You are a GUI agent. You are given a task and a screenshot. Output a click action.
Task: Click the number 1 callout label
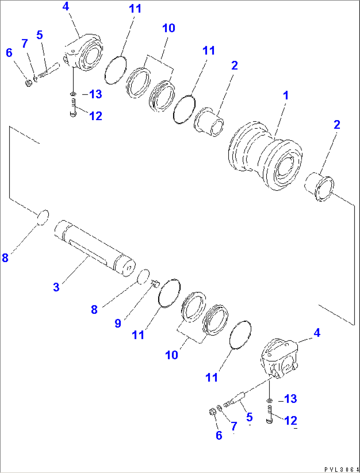coord(286,95)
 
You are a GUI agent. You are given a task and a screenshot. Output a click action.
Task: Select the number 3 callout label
coord(56,287)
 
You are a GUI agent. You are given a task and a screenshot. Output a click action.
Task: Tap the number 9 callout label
coord(118,323)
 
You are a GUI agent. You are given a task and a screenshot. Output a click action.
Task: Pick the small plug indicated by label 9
coord(156,283)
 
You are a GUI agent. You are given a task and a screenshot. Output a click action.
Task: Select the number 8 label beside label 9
coord(94,310)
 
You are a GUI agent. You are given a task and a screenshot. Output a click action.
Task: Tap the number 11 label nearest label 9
coord(138,335)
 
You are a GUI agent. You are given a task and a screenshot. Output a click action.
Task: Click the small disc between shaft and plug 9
coord(143,277)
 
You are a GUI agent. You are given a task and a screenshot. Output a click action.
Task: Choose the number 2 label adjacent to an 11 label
coord(234,65)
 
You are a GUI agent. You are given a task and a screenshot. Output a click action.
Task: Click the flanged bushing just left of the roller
coord(209,122)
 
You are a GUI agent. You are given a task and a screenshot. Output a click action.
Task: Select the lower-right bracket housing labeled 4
coord(279,358)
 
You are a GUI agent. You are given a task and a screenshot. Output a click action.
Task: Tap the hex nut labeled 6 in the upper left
coord(29,83)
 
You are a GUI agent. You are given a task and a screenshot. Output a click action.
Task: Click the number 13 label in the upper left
coord(95,94)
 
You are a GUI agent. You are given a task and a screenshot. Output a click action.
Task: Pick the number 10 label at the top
coord(168,28)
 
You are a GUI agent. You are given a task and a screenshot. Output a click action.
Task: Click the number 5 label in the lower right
coord(249,417)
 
